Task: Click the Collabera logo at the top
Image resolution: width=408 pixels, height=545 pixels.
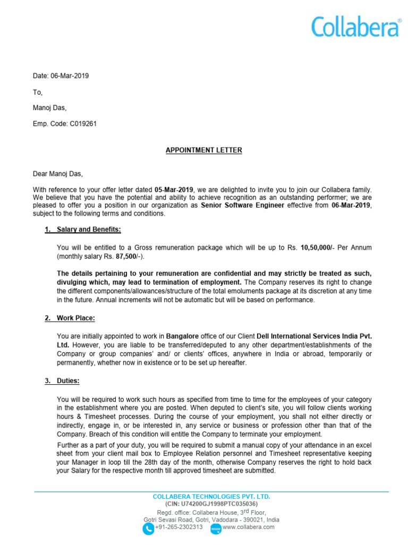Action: point(356,27)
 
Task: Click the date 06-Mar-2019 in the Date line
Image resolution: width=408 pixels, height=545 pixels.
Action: point(70,76)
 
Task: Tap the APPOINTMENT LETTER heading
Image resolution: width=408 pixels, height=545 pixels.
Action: point(203,150)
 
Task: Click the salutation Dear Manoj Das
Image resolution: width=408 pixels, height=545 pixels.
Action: point(58,174)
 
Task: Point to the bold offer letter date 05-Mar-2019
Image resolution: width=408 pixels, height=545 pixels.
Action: point(174,189)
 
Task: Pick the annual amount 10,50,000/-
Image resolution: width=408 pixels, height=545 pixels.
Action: point(318,247)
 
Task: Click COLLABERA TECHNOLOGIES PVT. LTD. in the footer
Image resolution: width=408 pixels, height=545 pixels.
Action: point(211,497)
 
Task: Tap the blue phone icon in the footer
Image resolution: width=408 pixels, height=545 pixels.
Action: point(148,528)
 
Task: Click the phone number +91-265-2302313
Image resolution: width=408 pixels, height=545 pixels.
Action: point(178,527)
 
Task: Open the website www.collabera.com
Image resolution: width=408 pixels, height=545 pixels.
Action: point(249,527)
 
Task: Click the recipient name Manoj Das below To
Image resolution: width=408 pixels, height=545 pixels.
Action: point(49,108)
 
